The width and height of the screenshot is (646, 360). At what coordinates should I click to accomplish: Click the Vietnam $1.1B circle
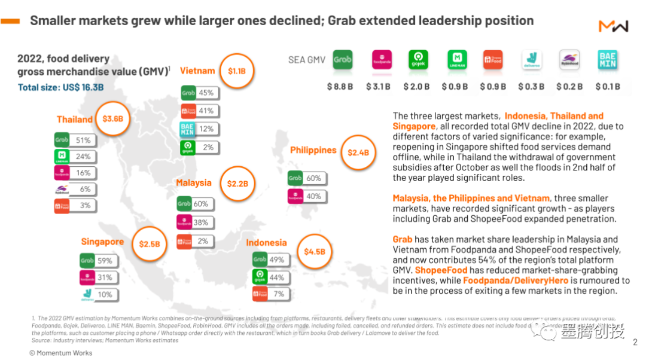coord(236,71)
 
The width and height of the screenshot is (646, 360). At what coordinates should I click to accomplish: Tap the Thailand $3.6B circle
coord(112,118)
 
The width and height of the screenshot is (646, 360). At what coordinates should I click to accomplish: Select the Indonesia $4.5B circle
coord(314,252)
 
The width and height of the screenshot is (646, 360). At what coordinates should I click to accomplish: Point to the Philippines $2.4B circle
coord(358,152)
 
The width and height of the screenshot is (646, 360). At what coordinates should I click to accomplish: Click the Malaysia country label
coord(193,182)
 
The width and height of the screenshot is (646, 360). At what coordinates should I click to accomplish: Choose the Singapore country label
coord(102,242)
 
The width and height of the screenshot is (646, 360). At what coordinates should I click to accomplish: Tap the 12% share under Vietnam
coord(206,129)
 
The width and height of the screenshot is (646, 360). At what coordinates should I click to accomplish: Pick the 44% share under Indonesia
coord(276,277)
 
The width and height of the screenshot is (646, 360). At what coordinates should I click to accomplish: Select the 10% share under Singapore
coord(105,294)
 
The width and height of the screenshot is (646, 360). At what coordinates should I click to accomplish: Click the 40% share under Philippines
coord(313,196)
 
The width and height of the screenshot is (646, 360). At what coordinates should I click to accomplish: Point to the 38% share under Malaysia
coord(201,222)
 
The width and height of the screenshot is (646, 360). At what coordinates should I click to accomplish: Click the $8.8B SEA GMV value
coord(340,87)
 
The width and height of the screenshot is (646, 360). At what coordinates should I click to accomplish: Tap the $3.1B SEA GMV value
coord(378,87)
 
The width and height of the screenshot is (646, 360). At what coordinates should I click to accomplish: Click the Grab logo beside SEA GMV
coord(342,60)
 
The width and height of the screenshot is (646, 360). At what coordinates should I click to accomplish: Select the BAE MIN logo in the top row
coord(607,60)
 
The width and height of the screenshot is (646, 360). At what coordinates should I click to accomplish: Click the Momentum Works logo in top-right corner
coord(613,27)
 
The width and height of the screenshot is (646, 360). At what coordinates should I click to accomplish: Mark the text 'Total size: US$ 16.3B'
coord(60,87)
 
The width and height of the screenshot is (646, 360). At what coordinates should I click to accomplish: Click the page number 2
coord(635,343)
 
